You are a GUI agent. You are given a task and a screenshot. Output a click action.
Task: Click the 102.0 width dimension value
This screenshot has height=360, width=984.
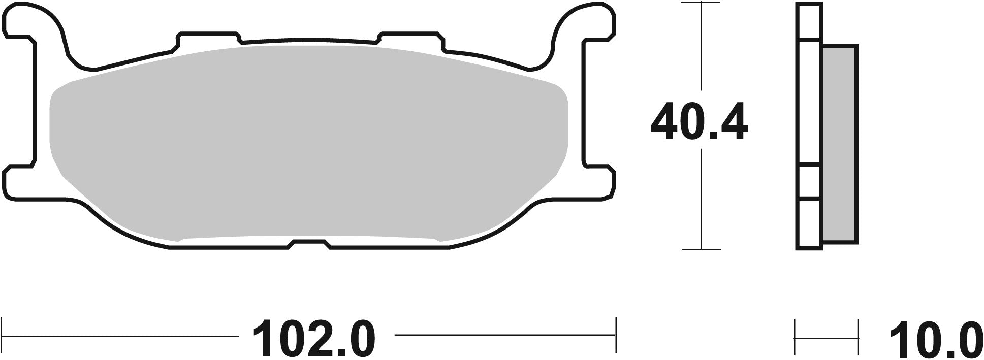pos(315,338)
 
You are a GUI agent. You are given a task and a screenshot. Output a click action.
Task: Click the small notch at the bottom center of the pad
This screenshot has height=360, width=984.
pos(309,244)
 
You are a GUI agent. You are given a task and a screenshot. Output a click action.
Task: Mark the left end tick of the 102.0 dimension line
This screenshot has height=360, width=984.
pos(4,335)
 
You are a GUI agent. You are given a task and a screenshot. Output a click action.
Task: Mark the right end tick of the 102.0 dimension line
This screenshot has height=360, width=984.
pos(615,335)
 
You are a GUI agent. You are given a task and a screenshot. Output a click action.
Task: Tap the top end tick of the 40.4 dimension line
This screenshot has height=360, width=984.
pos(701,4)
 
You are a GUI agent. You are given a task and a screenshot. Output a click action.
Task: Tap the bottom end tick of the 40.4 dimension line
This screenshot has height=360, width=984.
pos(701,249)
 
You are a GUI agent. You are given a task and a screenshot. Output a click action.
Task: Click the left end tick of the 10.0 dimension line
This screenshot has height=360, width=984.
pos(796,335)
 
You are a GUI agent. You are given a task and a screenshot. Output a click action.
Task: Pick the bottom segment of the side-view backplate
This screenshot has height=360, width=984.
pos(809,223)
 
